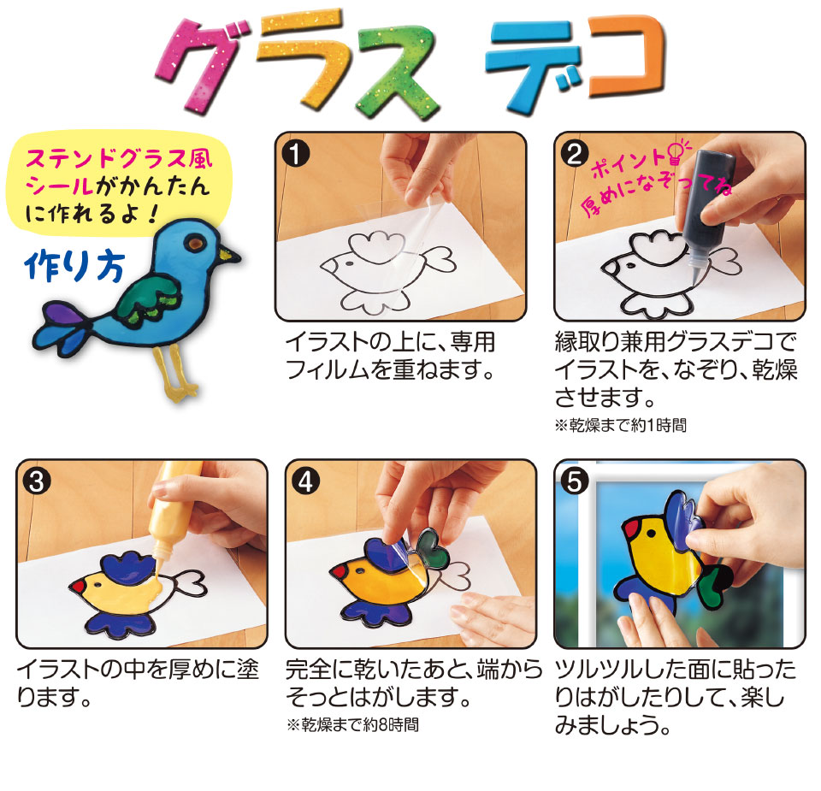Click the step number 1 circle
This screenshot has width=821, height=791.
pos(296,153)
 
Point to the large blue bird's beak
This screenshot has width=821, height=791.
pos(229,256)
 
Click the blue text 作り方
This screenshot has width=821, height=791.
pos(74,267)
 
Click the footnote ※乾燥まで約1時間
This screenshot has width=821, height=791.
pos(620,425)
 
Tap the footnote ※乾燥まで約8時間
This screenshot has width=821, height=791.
pos(351,725)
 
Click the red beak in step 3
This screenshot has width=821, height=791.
pos(78,586)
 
